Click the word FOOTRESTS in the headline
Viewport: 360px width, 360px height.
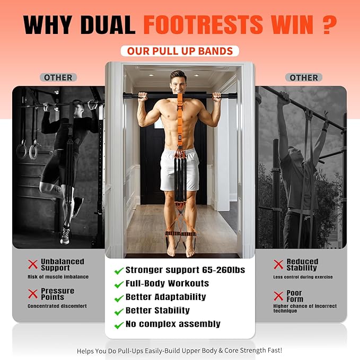pyautogui.click(x=203, y=24)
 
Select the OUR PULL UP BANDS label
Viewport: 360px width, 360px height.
pyautogui.click(x=180, y=51)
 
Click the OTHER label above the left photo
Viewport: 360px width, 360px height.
pyautogui.click(x=58, y=77)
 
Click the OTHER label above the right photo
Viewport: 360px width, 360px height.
pyautogui.click(x=304, y=77)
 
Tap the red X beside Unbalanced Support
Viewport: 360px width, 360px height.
pyautogui.click(x=33, y=264)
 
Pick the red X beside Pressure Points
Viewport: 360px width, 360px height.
pyautogui.click(x=33, y=294)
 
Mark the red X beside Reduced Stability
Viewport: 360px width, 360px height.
pyautogui.click(x=278, y=264)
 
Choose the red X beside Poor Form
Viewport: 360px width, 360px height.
pyautogui.click(x=278, y=296)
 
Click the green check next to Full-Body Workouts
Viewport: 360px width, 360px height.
pyautogui.click(x=119, y=285)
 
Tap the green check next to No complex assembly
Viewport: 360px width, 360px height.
pyautogui.click(x=119, y=326)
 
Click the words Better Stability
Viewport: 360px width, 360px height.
pyautogui.click(x=157, y=310)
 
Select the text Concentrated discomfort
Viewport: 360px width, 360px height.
pyautogui.click(x=57, y=306)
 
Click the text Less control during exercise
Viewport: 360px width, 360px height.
pyautogui.click(x=303, y=277)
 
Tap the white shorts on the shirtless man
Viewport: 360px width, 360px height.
pyautogui.click(x=180, y=170)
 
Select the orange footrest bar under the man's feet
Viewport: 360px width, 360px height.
pyautogui.click(x=180, y=234)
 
